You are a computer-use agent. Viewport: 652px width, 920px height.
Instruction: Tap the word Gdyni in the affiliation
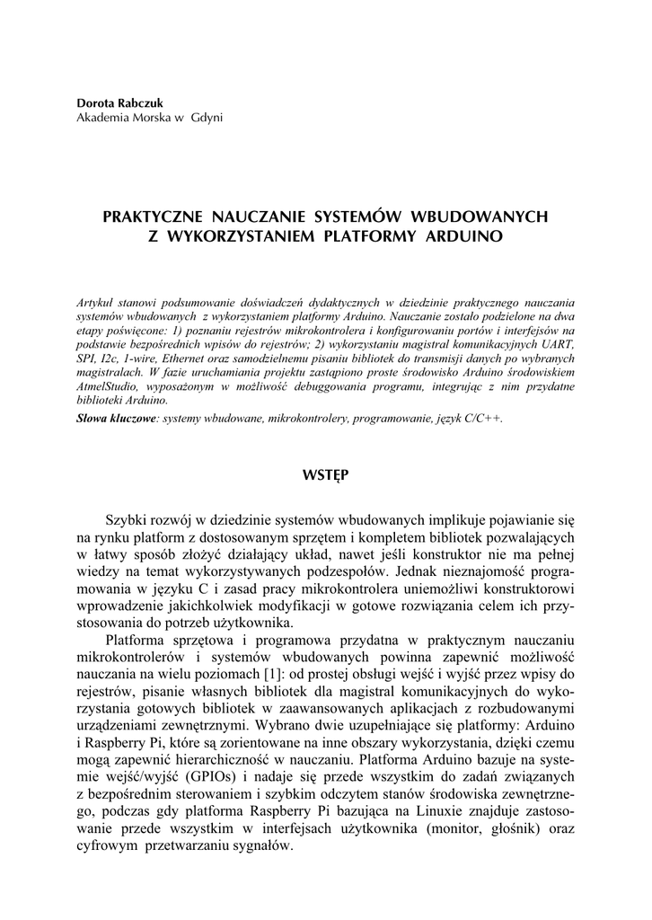coord(206,117)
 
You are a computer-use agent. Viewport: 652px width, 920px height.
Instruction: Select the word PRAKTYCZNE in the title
coord(154,217)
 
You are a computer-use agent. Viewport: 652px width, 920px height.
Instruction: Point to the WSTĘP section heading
coord(326,473)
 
